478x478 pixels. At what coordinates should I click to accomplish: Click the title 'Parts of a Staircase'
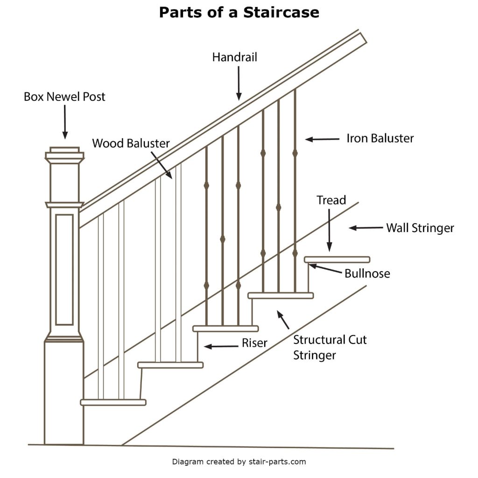[239, 12]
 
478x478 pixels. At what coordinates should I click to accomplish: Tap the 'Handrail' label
[234, 57]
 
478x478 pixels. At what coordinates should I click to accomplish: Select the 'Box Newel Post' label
[64, 97]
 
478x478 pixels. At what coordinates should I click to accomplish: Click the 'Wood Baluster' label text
[131, 143]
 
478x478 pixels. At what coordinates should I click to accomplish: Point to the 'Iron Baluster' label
[380, 138]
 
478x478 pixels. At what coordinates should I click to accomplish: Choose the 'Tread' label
[331, 200]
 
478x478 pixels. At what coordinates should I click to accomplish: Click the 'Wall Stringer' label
[420, 228]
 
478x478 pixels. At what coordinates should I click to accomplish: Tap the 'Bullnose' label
[367, 274]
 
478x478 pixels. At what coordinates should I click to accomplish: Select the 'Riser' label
[254, 343]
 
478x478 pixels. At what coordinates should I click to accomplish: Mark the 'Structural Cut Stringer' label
[330, 347]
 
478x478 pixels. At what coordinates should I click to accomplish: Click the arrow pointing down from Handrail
[239, 83]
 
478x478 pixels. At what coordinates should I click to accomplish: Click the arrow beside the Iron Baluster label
[322, 139]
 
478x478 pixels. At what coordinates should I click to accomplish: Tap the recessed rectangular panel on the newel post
[64, 269]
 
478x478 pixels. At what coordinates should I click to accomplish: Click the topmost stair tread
[337, 260]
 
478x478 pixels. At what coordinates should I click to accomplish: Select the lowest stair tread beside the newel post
[113, 402]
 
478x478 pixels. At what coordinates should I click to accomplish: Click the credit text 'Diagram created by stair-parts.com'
[239, 462]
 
